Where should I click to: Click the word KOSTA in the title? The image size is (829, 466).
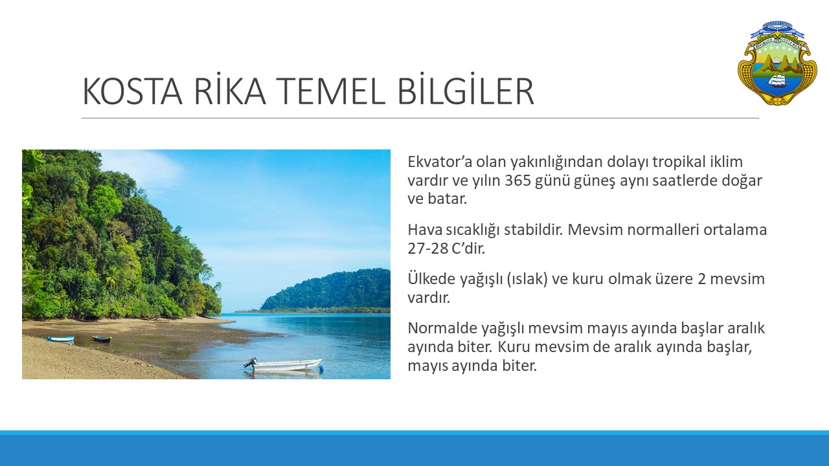point(133,92)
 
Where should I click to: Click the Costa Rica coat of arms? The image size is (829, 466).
point(777,63)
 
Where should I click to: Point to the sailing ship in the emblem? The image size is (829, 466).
point(778,82)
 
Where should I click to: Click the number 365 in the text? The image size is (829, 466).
point(517,181)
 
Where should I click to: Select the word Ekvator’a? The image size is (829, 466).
point(439,162)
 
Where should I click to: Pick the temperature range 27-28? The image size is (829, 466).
point(428,249)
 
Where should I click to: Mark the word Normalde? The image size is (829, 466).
point(442,328)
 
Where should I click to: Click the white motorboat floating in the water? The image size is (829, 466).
point(284,365)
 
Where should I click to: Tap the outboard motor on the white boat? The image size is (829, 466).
point(251,363)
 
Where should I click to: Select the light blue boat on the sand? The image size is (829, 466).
point(60,338)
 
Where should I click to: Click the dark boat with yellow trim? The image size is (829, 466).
point(102,338)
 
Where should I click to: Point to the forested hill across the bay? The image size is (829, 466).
point(326,290)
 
